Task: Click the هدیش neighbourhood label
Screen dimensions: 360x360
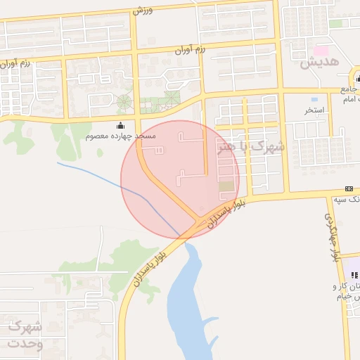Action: (x=320, y=62)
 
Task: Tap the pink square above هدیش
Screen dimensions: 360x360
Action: (x=321, y=51)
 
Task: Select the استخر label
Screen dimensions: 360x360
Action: (x=314, y=110)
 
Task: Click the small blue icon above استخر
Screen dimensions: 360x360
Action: (x=314, y=99)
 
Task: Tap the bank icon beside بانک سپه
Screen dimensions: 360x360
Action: (x=349, y=188)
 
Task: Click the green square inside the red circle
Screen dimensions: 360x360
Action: (x=226, y=187)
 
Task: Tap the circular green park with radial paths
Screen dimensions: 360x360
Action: (x=125, y=102)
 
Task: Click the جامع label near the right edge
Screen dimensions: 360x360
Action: (x=349, y=89)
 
